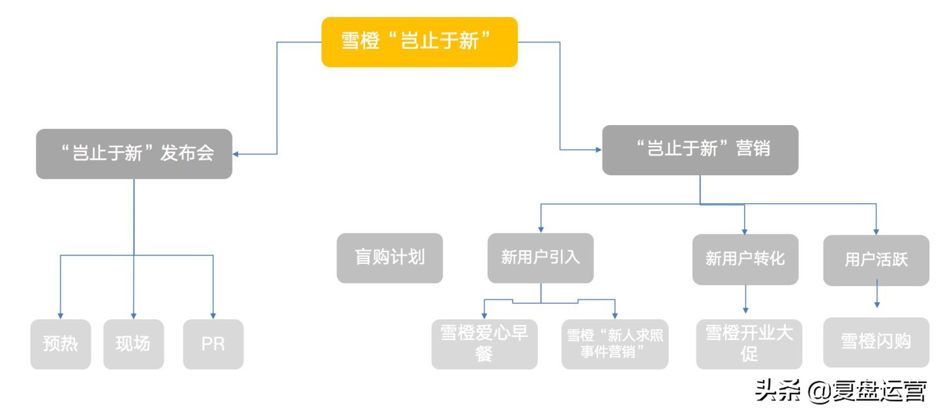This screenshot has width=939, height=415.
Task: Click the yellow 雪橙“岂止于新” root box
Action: click(x=419, y=42)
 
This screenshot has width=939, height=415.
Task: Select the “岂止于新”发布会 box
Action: click(x=134, y=154)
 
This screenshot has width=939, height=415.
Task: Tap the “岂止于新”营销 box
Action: click(x=700, y=150)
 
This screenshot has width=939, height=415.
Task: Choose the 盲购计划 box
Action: click(x=389, y=258)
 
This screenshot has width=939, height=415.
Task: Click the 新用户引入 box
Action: click(x=541, y=258)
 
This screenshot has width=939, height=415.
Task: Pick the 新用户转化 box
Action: click(x=745, y=259)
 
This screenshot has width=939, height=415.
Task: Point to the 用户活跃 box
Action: click(x=876, y=260)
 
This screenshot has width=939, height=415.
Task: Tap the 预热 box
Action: click(x=61, y=344)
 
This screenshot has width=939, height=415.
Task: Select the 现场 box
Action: click(x=133, y=344)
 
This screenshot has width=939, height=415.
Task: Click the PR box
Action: click(x=213, y=344)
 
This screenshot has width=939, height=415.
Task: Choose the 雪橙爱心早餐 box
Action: click(x=484, y=344)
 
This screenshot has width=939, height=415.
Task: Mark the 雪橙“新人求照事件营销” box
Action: click(x=615, y=344)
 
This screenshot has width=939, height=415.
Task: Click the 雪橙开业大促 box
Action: click(x=749, y=344)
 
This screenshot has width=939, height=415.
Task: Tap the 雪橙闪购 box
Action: click(x=876, y=342)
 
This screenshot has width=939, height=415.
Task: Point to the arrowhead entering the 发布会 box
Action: click(x=237, y=154)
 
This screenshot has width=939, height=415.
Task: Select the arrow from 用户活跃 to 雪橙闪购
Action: click(x=877, y=294)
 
